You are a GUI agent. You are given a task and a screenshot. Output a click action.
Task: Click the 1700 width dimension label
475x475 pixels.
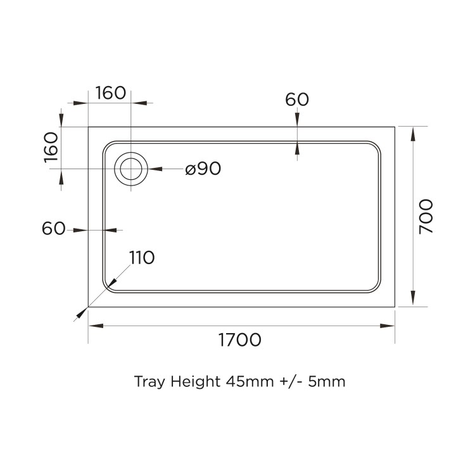click(239, 340)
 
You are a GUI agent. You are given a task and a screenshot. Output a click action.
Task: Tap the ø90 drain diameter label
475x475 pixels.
click(203, 169)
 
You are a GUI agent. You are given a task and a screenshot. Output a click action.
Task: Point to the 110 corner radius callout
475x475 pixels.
click(142, 258)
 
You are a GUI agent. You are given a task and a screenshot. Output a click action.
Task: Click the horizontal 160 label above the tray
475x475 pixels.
click(111, 93)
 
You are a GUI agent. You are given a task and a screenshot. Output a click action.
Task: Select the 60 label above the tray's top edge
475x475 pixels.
click(296, 99)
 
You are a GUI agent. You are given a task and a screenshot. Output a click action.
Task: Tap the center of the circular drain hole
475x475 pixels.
click(131, 169)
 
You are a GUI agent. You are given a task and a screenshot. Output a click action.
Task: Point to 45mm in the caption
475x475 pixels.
click(249, 382)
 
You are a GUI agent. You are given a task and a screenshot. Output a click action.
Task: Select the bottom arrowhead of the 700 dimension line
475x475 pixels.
click(414, 300)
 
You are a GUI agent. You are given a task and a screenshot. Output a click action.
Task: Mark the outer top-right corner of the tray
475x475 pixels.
click(395, 127)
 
